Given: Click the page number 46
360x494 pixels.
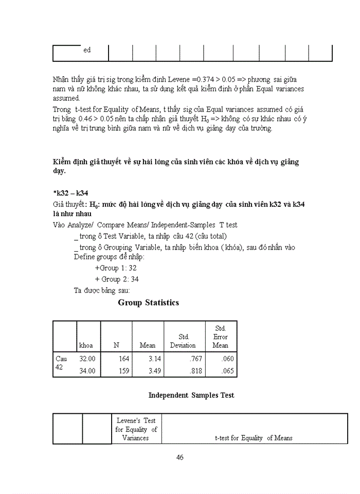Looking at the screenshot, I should (x=180, y=457).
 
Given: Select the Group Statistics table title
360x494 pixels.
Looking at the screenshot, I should (x=149, y=303).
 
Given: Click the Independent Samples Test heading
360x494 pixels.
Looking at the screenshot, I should (x=191, y=395).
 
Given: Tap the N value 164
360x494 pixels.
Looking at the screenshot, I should (x=119, y=359).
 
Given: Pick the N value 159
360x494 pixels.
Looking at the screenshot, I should (x=119, y=370).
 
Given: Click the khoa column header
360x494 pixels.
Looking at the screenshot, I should (x=86, y=345).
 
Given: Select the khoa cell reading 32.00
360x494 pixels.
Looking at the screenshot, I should (x=87, y=359).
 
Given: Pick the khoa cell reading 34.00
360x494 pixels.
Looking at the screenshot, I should (x=87, y=370).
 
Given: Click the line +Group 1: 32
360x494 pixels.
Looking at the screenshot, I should (x=115, y=268).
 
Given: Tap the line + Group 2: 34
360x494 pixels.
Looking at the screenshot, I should (x=117, y=279).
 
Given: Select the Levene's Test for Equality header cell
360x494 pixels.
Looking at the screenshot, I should (x=136, y=429).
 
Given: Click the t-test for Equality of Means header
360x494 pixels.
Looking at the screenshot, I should (x=254, y=438).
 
